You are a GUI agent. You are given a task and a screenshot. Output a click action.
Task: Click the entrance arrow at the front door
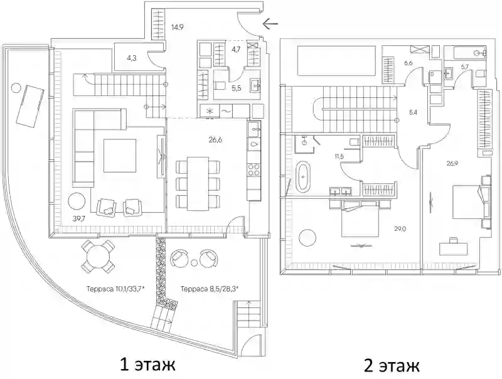pos(270,23)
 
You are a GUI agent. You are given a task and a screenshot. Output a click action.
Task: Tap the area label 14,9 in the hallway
pos(177,27)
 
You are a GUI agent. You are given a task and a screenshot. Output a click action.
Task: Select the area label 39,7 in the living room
pos(80,218)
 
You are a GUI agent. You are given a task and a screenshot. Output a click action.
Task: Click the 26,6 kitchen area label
pos(215,139)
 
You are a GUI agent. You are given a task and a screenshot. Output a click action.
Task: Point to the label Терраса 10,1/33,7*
pos(115,289)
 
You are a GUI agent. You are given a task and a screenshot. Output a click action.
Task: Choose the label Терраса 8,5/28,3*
pos(210,289)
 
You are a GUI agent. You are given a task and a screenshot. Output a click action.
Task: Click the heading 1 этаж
pos(147,365)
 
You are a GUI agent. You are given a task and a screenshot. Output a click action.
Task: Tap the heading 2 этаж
pos(392,366)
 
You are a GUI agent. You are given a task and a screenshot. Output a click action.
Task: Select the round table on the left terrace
pos(98,256)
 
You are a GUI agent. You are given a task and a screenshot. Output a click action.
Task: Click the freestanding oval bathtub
pos(303,177)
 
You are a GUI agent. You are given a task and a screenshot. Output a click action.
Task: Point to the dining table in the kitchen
pos(198,184)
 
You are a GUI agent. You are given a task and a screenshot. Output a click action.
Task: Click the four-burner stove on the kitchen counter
pos(254,169)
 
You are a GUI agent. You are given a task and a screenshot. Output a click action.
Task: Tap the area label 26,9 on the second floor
pos(452,163)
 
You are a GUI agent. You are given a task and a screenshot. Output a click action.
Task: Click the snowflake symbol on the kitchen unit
pos(210,111)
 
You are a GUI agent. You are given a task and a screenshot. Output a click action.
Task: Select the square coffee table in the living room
pos(120,156)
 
